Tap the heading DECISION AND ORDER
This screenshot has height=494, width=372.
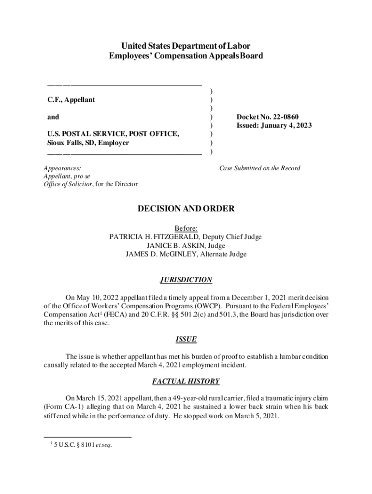click(186, 209)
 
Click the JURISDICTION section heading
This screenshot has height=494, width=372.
click(186, 280)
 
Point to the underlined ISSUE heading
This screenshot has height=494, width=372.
click(186, 339)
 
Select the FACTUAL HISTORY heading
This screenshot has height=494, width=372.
click(186, 381)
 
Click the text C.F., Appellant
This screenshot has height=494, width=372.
click(71, 100)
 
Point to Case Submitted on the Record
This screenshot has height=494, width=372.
click(259, 168)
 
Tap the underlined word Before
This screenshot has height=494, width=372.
click(186, 228)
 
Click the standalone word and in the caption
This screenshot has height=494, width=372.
click(53, 117)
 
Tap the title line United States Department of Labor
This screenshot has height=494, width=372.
click(186, 46)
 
